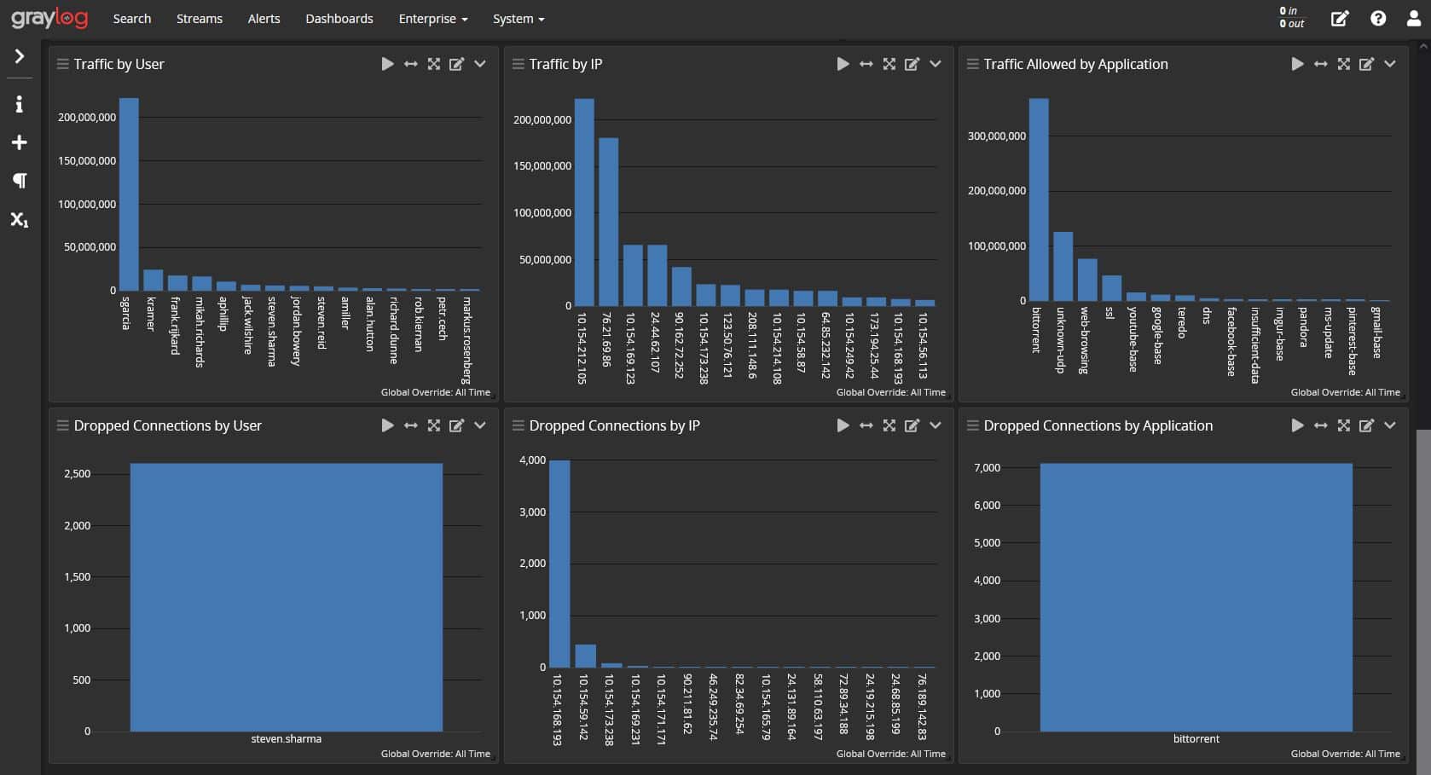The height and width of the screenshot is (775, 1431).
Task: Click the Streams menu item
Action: (199, 19)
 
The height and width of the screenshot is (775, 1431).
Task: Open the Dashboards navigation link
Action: (339, 19)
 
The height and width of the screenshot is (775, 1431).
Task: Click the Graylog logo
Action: (49, 18)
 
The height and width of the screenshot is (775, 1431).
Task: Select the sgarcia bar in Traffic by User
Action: (129, 194)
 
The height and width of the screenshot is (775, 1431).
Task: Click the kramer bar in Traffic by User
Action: (153, 281)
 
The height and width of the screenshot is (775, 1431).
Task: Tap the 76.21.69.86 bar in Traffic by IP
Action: (608, 222)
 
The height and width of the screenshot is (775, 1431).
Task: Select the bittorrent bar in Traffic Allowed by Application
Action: (1039, 200)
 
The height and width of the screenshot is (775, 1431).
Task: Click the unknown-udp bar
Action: (1063, 266)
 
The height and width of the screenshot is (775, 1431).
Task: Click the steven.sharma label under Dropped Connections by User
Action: (286, 739)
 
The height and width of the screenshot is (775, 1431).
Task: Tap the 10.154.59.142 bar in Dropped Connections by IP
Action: (585, 656)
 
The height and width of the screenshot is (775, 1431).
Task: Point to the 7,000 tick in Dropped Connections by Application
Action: (987, 468)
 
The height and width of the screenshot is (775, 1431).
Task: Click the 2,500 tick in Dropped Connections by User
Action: (77, 474)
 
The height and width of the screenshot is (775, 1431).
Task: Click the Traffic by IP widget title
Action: (565, 64)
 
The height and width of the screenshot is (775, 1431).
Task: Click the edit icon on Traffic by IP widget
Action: (912, 64)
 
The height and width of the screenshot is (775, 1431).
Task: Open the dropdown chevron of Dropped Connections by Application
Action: (1389, 425)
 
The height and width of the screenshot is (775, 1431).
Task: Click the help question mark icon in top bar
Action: (1378, 19)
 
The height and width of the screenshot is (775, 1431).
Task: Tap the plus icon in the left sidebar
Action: (19, 142)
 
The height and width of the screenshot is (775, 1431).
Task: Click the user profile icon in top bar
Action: (1413, 19)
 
